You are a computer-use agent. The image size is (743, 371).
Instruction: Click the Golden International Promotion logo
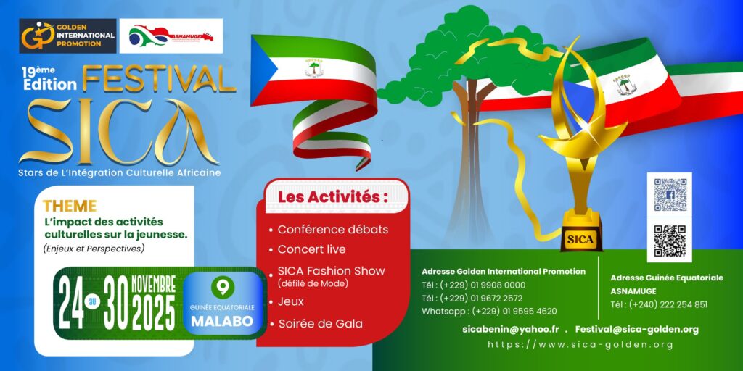pos(68,36)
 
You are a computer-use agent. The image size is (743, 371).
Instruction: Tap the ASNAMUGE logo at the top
pos(171,36)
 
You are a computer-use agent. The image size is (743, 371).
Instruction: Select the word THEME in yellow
pos(69,207)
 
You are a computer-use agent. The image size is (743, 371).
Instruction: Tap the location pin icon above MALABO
pos(223,288)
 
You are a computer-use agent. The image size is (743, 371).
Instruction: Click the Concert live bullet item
pos(311,249)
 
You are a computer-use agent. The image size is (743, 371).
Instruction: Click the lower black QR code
pos(670,241)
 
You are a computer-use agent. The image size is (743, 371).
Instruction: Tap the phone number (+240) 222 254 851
pos(659,304)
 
